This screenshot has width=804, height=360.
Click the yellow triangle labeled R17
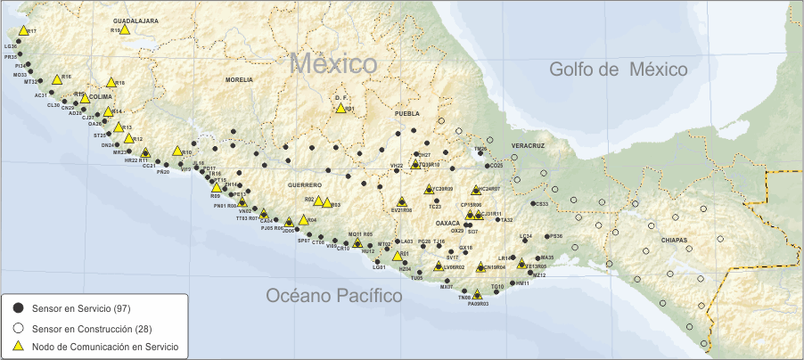(23, 30)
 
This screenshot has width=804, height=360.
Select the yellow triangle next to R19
(126, 29)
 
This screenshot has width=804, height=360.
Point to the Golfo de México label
(618, 70)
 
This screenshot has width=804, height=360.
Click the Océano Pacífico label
(334, 295)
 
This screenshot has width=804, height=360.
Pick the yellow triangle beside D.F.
(340, 108)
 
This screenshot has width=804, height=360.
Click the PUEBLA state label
(406, 114)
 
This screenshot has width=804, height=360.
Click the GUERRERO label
(304, 184)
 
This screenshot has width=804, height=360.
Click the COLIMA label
(101, 97)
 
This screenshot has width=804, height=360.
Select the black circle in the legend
(17, 307)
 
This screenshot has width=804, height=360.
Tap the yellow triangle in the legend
(17, 345)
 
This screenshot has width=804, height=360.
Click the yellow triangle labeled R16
(57, 79)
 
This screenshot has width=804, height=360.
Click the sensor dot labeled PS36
(546, 237)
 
